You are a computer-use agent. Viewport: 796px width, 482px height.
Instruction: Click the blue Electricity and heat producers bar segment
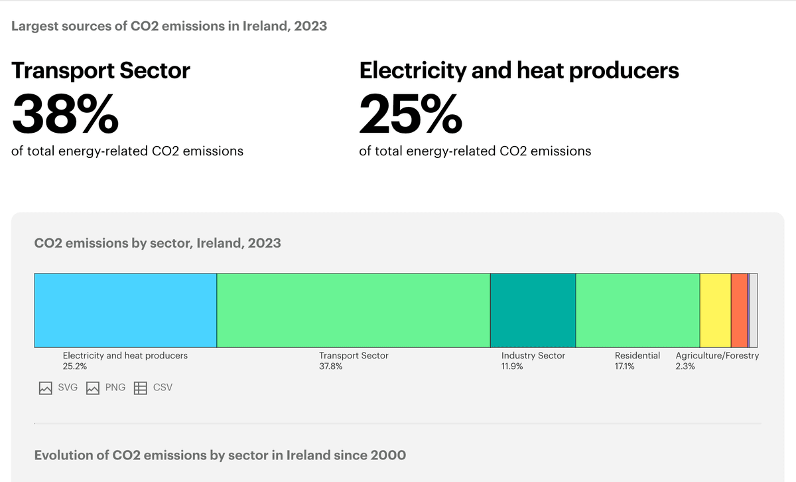125,310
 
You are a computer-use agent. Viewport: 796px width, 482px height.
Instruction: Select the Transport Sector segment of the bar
353,310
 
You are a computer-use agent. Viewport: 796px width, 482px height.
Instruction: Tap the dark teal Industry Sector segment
533,310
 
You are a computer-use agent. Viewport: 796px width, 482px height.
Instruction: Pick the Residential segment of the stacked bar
637,310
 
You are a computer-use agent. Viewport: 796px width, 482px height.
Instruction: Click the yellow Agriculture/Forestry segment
715,310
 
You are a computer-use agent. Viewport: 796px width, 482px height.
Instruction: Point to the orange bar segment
739,310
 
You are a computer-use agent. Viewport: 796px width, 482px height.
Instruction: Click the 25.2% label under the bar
75,366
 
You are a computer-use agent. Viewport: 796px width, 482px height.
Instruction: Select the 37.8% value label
331,366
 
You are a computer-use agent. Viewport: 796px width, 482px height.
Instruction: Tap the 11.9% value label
512,366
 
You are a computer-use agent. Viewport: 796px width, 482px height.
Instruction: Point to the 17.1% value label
624,366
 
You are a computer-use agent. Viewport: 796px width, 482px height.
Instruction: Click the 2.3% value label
685,366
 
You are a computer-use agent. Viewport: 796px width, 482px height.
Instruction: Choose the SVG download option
58,388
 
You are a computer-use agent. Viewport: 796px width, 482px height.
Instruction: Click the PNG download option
106,388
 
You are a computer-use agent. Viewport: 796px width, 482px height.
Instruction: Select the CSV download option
154,388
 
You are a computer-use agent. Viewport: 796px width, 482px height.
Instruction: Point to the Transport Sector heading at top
101,70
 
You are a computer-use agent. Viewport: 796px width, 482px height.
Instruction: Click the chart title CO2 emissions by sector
157,243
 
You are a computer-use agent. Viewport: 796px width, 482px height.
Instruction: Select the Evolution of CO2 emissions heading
220,455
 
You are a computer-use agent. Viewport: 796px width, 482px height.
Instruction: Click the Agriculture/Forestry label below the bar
717,356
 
